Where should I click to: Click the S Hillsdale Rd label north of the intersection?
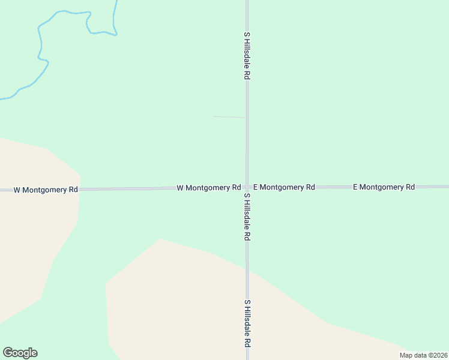pyautogui.click(x=247, y=56)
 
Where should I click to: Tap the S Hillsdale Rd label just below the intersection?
pyautogui.click(x=247, y=217)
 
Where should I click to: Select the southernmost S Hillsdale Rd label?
pyautogui.click(x=247, y=323)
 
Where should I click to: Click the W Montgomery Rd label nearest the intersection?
pyautogui.click(x=209, y=188)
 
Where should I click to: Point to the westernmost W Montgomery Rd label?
pyautogui.click(x=46, y=190)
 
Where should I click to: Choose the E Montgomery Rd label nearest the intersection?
pyautogui.click(x=284, y=187)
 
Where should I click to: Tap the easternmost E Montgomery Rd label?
pyautogui.click(x=384, y=187)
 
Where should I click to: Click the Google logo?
pyautogui.click(x=20, y=353)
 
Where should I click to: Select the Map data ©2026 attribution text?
pyautogui.click(x=424, y=355)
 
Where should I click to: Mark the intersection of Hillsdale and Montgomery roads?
pyautogui.click(x=247, y=187)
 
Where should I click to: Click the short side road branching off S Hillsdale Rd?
pyautogui.click(x=229, y=117)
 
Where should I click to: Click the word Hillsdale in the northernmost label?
pyautogui.click(x=247, y=53)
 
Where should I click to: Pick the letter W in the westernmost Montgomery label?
pyautogui.click(x=17, y=190)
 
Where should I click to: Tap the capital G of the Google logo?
pyautogui.click(x=8, y=352)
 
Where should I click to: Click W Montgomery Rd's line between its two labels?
pyautogui.click(x=126, y=189)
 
